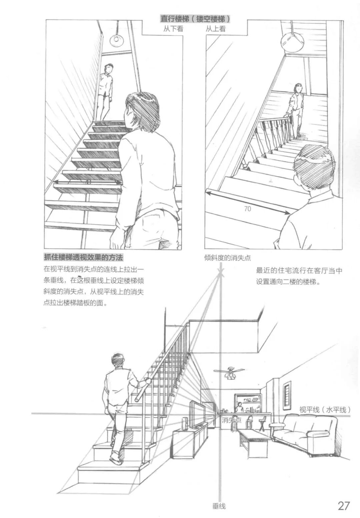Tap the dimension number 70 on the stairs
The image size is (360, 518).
247,209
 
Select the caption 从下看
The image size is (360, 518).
173,29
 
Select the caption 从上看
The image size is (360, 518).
216,29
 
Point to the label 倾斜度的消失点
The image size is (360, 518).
227,258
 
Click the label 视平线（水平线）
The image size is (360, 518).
325,410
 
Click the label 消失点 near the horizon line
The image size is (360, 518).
231,420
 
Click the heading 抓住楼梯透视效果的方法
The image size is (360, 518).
83,258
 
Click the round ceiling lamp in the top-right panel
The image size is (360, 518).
292,42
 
